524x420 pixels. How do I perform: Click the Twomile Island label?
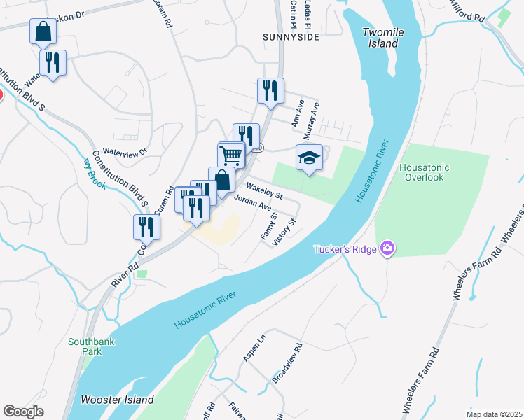click(381, 38)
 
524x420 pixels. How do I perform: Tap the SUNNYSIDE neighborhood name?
click(291, 36)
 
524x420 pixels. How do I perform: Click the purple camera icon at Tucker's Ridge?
click(387, 248)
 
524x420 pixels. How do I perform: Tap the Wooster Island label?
click(118, 400)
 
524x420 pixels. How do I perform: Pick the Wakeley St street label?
click(264, 190)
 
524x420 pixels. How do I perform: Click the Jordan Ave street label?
click(252, 204)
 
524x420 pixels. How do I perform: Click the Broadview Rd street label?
click(287, 363)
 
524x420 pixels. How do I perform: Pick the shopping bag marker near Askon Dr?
click(43, 31)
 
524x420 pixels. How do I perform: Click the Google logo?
click(23, 412)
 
